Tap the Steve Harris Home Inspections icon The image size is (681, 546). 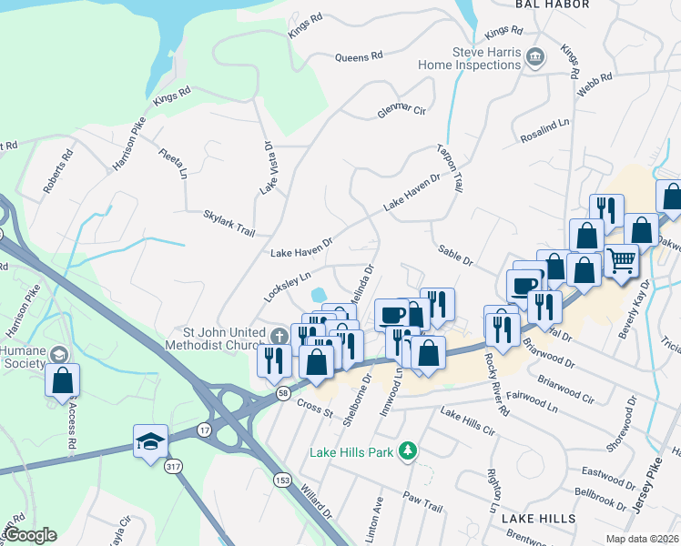pyautogui.click(x=536, y=57)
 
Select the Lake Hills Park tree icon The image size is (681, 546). pyautogui.click(x=410, y=450)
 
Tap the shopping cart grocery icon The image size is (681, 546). pyautogui.click(x=621, y=261)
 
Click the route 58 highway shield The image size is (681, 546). pyautogui.click(x=283, y=392)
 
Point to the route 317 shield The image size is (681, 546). pyautogui.click(x=173, y=466)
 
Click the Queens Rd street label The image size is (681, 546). pyautogui.click(x=360, y=56)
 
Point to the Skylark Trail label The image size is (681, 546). pyautogui.click(x=229, y=223)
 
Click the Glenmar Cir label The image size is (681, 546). pyautogui.click(x=401, y=113)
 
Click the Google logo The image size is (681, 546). pyautogui.click(x=31, y=535)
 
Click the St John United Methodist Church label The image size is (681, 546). pyautogui.click(x=216, y=338)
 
